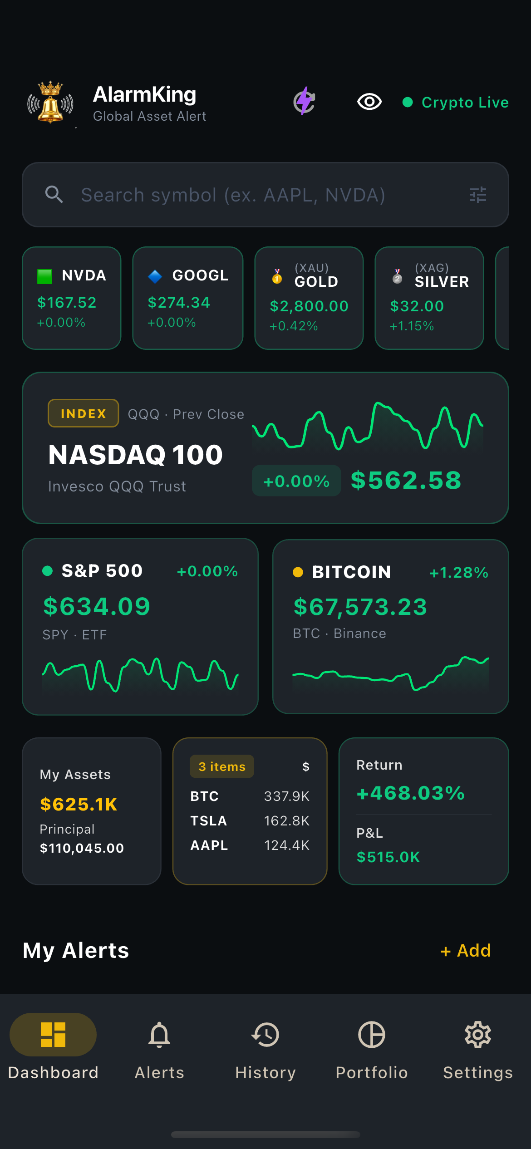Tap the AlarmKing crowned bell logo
[50, 103]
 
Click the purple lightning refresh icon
[304, 101]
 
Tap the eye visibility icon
[369, 102]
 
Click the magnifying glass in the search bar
[54, 195]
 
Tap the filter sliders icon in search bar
[477, 195]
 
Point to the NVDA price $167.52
[67, 303]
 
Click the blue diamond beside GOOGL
[155, 276]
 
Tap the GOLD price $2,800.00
[309, 306]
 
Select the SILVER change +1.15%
[412, 326]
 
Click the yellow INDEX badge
[84, 413]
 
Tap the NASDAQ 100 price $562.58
[406, 480]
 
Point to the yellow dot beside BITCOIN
[298, 572]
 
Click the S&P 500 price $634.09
[97, 606]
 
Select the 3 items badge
[222, 766]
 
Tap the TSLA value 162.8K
[287, 821]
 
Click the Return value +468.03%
[411, 793]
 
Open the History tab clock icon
[265, 1035]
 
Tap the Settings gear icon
[478, 1035]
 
